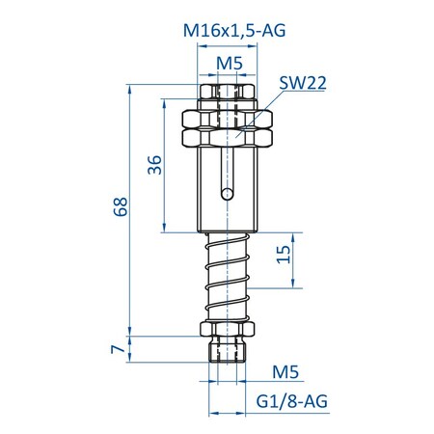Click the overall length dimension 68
120,206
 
